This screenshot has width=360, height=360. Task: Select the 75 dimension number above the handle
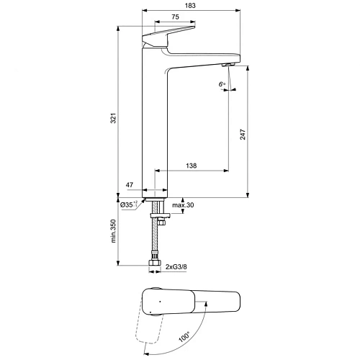coord(176,17)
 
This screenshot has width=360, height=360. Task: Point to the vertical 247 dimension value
coord(242,133)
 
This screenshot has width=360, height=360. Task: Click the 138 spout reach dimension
coord(192,166)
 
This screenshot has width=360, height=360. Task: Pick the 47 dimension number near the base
coord(130,186)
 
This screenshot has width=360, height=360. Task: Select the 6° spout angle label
coord(222,85)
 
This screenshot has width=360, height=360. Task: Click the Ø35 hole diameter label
coord(128,205)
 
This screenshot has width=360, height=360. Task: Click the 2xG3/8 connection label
coord(176,268)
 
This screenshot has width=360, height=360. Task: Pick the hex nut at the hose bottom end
coord(154,264)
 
